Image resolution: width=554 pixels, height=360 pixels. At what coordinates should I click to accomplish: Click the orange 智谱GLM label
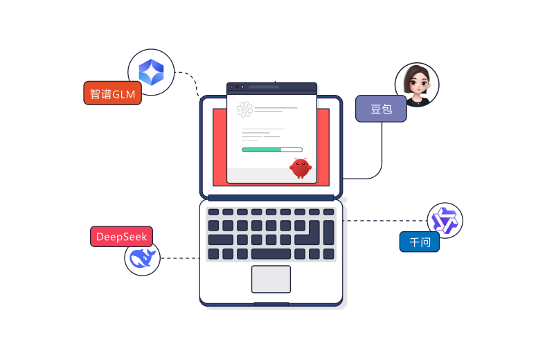point(112,93)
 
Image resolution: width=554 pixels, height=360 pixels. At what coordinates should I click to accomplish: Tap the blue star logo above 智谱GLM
point(151,72)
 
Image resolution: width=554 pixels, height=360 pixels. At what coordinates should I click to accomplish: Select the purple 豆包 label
point(381,109)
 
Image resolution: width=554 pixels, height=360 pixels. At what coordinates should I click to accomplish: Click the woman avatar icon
point(417,85)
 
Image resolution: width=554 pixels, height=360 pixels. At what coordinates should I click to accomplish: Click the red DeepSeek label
point(121,237)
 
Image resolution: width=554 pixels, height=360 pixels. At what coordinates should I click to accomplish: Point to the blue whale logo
point(143,258)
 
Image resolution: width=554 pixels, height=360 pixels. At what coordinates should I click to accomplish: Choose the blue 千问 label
point(420,242)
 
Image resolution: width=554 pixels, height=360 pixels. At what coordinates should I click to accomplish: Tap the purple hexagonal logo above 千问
point(445,221)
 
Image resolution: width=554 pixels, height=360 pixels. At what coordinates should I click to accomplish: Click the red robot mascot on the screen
point(300,167)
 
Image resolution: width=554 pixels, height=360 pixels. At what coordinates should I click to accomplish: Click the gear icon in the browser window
point(244,109)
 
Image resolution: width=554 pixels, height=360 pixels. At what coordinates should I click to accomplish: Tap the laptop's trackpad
point(271,279)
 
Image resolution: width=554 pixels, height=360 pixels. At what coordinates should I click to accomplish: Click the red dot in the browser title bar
point(232,87)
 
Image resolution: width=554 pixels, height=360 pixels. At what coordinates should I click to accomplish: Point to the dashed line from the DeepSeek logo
point(179,258)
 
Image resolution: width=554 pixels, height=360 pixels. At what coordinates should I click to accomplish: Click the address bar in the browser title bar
point(264,87)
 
